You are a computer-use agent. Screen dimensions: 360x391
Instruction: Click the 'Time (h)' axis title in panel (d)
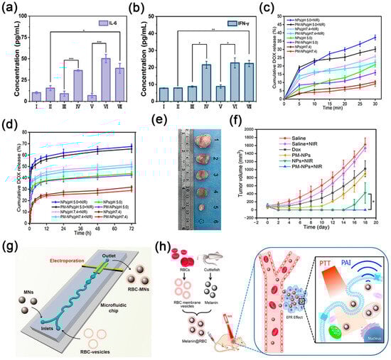pos(79,229)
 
